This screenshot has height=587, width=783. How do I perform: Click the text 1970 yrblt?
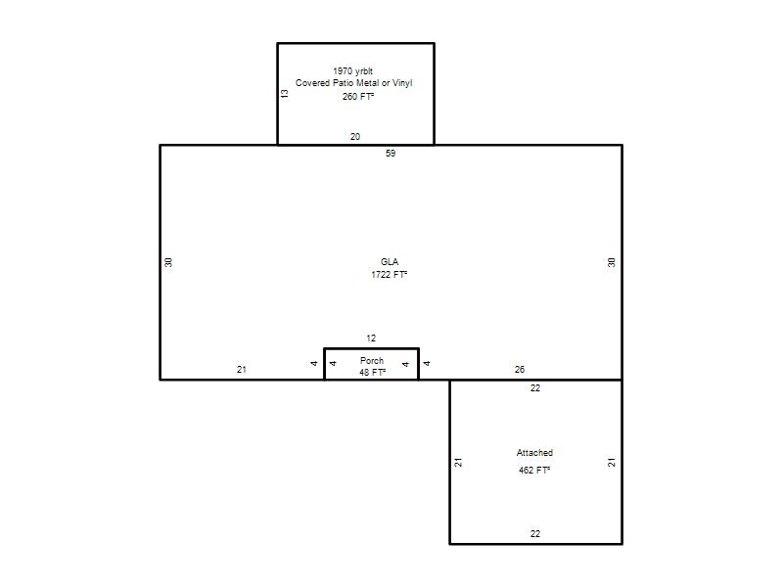pyautogui.click(x=352, y=71)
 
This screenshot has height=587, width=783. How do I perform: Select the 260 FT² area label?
pyautogui.click(x=358, y=96)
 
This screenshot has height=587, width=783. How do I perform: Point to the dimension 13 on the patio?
pyautogui.click(x=285, y=93)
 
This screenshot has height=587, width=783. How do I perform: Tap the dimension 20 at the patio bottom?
pyautogui.click(x=355, y=136)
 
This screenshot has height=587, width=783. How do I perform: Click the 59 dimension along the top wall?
pyautogui.click(x=391, y=154)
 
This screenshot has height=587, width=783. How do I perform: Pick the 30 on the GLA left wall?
pyautogui.click(x=168, y=262)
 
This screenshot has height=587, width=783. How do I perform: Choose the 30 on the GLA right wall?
pyautogui.click(x=611, y=262)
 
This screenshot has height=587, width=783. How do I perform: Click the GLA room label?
pyautogui.click(x=390, y=261)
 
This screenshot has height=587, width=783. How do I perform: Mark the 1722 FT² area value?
pyautogui.click(x=389, y=275)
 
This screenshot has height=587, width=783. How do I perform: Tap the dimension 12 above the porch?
pyautogui.click(x=371, y=338)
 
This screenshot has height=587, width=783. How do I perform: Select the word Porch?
pyautogui.click(x=372, y=360)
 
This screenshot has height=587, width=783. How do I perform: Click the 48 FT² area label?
pyautogui.click(x=373, y=373)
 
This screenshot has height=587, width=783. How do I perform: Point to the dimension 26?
pyautogui.click(x=520, y=370)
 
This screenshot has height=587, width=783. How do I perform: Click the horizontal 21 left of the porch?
pyautogui.click(x=242, y=370)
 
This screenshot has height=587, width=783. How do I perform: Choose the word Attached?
pyautogui.click(x=534, y=453)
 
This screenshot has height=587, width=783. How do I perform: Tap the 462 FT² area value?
pyautogui.click(x=534, y=471)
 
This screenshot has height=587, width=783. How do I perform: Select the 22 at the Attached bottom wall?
pyautogui.click(x=535, y=533)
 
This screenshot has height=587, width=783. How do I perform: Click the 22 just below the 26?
pyautogui.click(x=535, y=387)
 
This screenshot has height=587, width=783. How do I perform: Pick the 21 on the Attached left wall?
pyautogui.click(x=458, y=462)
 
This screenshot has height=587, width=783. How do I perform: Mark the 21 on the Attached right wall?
pyautogui.click(x=612, y=462)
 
